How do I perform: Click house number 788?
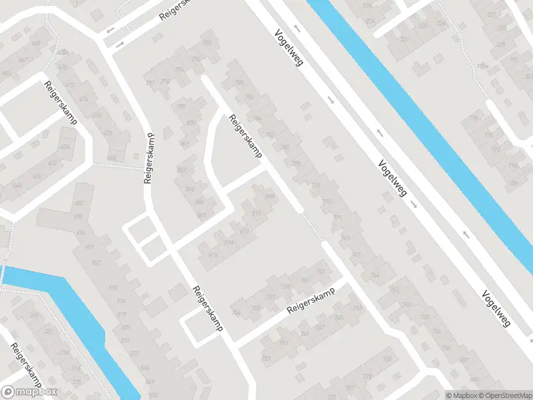click(240, 83)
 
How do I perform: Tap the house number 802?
click(182, 170)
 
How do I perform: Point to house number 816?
click(213, 255)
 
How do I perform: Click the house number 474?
click(83, 99)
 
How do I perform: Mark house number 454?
click(65, 147)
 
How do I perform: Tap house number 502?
click(95, 262)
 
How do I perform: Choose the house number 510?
click(113, 287)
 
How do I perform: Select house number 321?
click(48, 331)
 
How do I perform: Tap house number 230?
click(404, 39)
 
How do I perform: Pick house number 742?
click(394, 288)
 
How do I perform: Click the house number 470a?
click(62, 52)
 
